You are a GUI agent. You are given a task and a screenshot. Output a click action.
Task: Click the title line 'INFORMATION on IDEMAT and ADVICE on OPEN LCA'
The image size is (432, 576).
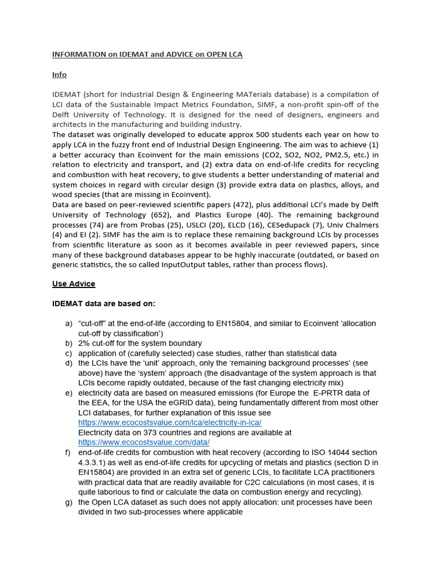click(x=147, y=55)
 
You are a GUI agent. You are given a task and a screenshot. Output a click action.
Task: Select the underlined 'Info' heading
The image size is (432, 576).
click(x=60, y=74)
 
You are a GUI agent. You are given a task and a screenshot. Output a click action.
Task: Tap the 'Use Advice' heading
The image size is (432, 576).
click(x=74, y=283)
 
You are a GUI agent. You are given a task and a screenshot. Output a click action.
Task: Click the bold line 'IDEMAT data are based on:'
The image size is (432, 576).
click(x=103, y=304)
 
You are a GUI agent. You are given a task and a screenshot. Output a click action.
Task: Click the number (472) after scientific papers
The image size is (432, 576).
click(x=245, y=205)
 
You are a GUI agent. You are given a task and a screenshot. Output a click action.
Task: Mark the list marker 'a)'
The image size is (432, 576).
click(x=69, y=324)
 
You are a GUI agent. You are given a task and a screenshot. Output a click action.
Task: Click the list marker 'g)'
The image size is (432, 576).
click(x=69, y=502)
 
